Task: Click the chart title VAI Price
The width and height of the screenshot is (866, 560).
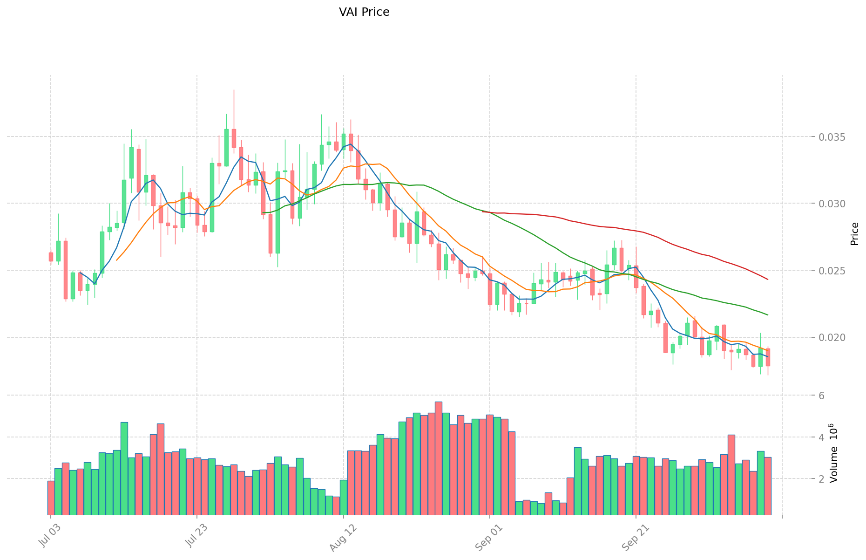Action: point(364,12)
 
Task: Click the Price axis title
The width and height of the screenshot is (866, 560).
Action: point(854,234)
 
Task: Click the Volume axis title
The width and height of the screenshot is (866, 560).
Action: point(833,453)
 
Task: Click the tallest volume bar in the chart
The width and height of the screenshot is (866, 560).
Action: point(439,458)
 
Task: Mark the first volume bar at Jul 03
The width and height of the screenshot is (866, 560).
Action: point(51,498)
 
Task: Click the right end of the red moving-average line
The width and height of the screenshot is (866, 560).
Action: point(768,280)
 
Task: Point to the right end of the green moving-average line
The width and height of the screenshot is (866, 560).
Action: point(768,315)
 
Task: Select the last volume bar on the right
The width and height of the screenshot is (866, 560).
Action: point(768,486)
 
